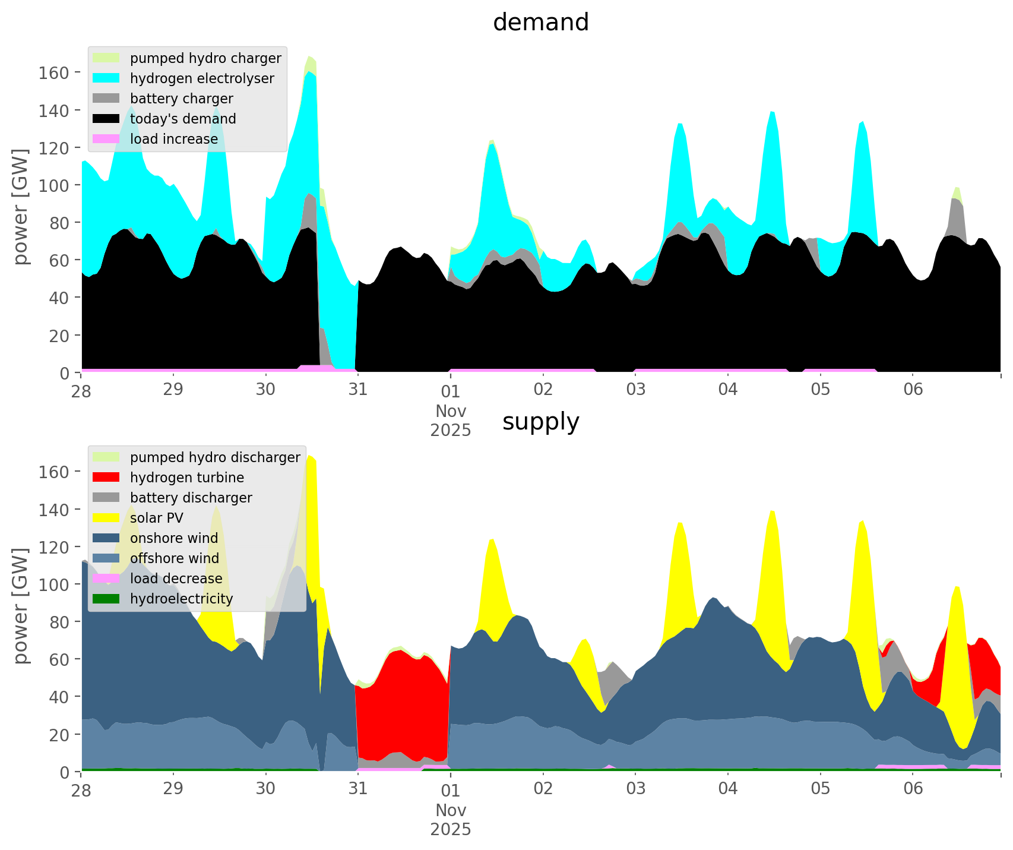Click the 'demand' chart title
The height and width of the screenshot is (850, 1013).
pos(540,23)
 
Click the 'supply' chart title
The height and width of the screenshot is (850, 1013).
pos(540,422)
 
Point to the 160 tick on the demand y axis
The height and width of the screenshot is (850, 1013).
pos(54,72)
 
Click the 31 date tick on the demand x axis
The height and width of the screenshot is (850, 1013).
pos(357,390)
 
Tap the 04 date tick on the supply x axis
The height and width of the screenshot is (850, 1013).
pos(728,789)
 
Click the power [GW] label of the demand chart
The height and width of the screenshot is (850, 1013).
pos(21,207)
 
